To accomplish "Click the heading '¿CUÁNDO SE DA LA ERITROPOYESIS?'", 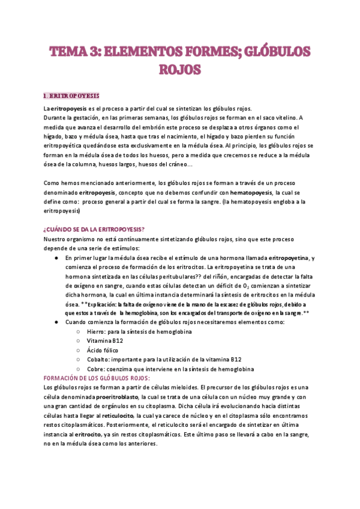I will (x=94, y=229).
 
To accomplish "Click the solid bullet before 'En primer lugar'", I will (x=56, y=258).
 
